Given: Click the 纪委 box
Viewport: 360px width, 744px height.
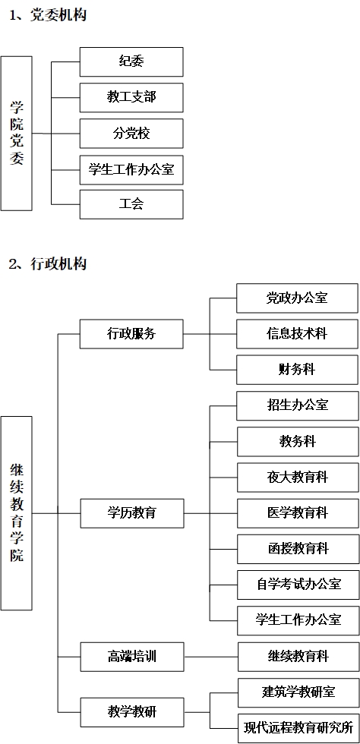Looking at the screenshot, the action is (x=131, y=61).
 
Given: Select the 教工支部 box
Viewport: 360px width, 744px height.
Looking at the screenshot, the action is (x=131, y=97).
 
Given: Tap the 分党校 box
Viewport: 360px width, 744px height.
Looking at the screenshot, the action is (x=131, y=134).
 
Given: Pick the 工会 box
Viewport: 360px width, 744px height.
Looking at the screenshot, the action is (x=131, y=204).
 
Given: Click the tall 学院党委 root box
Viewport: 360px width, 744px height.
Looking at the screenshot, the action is (x=16, y=134).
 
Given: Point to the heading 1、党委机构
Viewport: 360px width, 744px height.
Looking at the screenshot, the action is (x=48, y=15).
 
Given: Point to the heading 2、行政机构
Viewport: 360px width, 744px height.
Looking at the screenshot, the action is (x=48, y=263).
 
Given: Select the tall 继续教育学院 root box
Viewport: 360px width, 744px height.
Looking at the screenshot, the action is (x=16, y=513).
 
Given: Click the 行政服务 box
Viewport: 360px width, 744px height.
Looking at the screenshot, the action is (x=131, y=333).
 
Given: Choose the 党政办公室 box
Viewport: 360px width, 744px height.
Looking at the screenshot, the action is (x=297, y=298).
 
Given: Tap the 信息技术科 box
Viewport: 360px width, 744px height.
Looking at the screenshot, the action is (x=297, y=334).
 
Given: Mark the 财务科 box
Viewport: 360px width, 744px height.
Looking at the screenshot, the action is (x=297, y=370).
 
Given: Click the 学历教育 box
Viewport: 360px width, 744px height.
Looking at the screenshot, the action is (x=131, y=513).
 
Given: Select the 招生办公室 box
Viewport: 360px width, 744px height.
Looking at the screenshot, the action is (x=297, y=405).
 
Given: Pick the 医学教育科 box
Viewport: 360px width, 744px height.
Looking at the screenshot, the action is (x=298, y=513).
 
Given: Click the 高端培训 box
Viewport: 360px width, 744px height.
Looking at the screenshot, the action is (x=131, y=657).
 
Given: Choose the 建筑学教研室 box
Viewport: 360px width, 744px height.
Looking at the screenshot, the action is (x=298, y=692).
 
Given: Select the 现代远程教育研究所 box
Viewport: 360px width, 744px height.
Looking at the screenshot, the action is (x=298, y=728).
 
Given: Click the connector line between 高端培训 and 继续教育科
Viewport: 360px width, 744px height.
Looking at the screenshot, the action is (x=210, y=657).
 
